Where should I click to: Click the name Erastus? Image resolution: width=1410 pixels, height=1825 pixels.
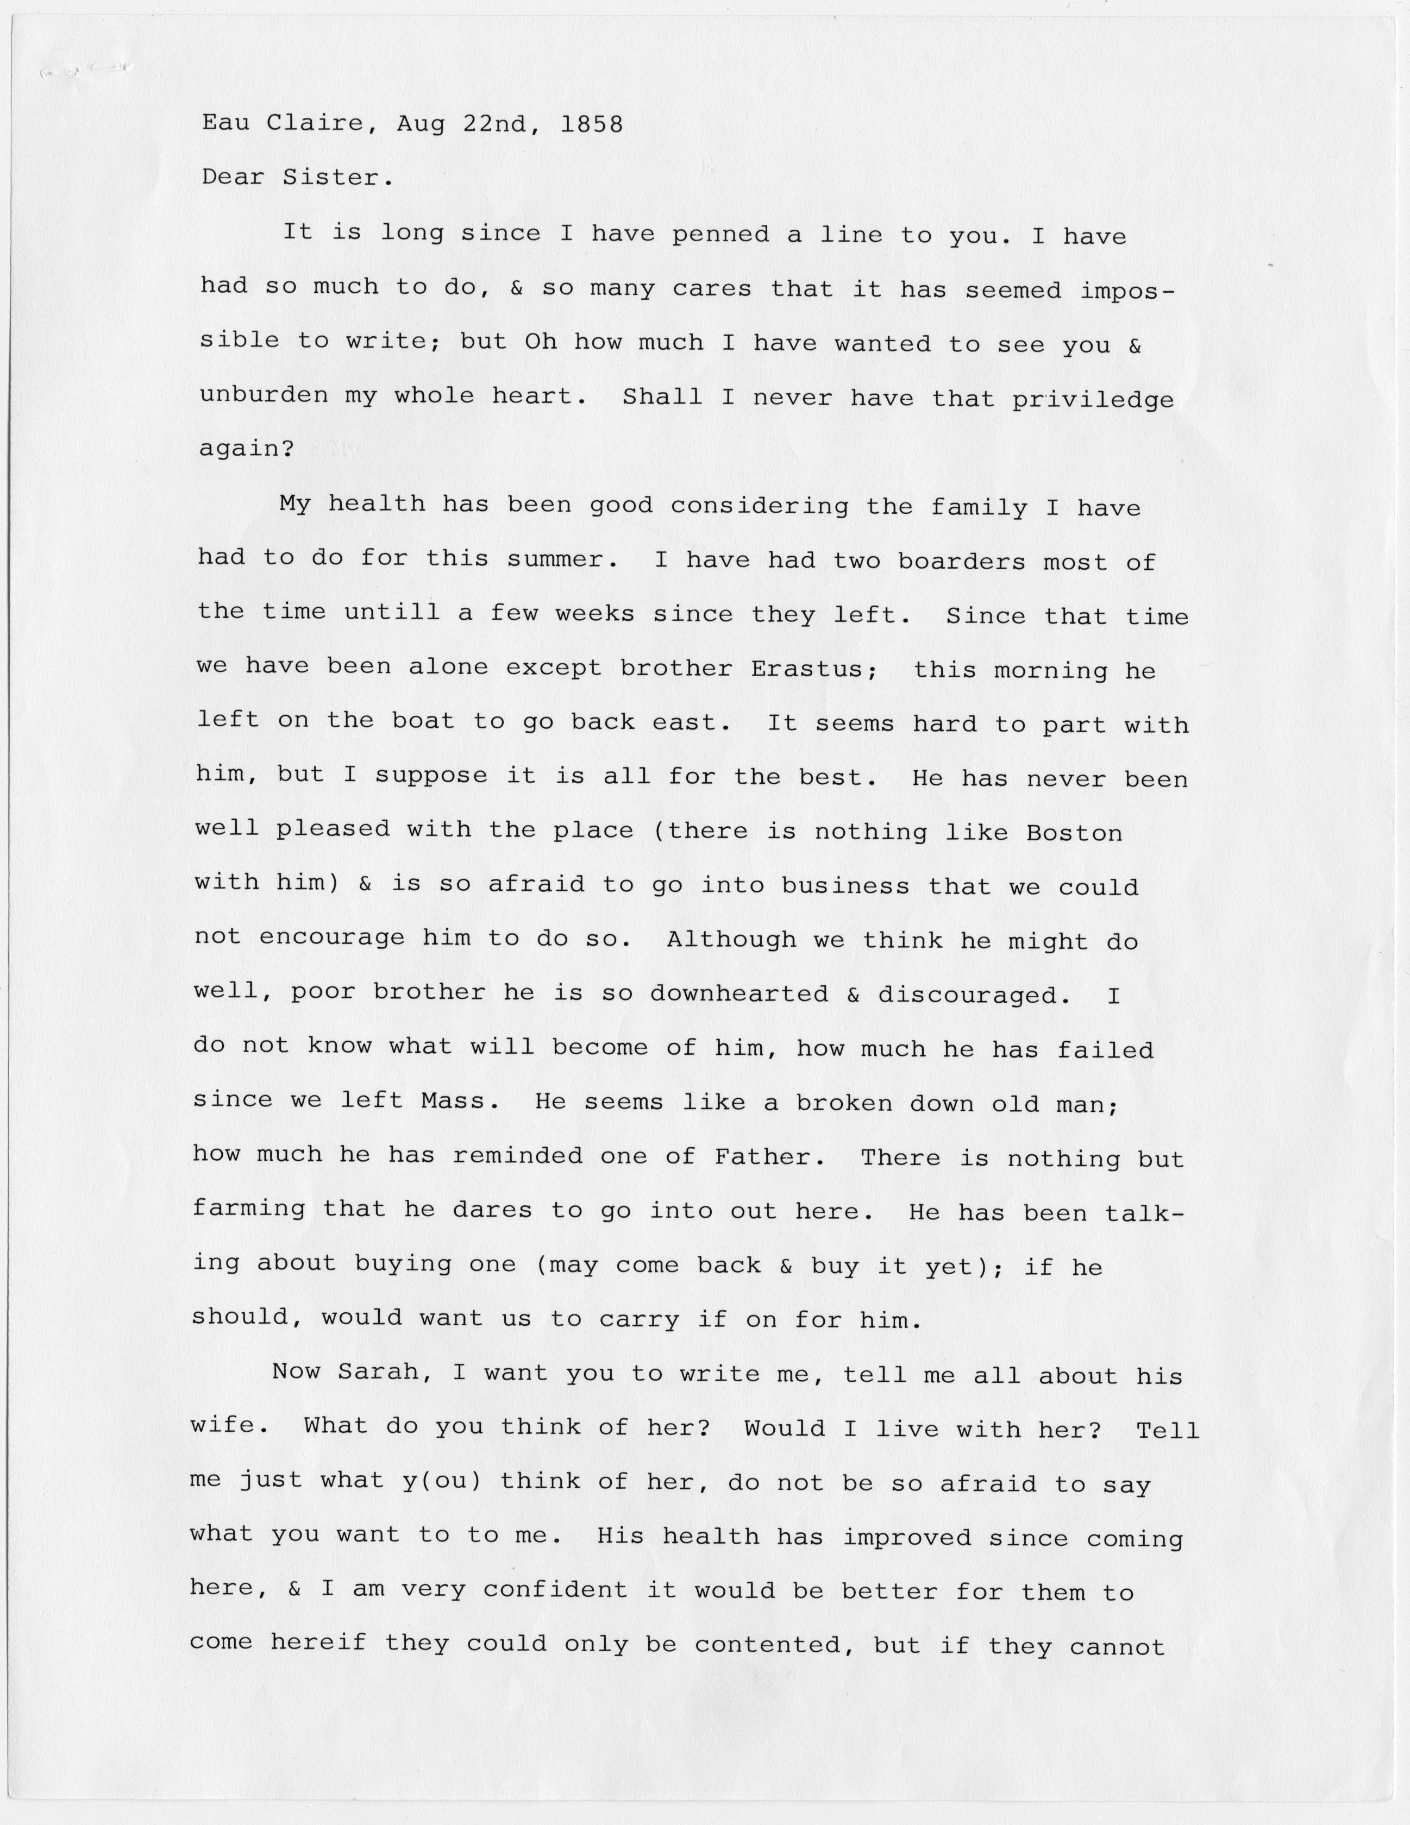pyautogui.click(x=808, y=669)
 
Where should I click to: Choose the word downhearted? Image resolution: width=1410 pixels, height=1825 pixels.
pyautogui.click(x=739, y=993)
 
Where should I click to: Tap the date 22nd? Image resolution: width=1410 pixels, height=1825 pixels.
pyautogui.click(x=495, y=124)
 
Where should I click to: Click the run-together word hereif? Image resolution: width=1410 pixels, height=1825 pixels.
pyautogui.click(x=318, y=1642)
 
